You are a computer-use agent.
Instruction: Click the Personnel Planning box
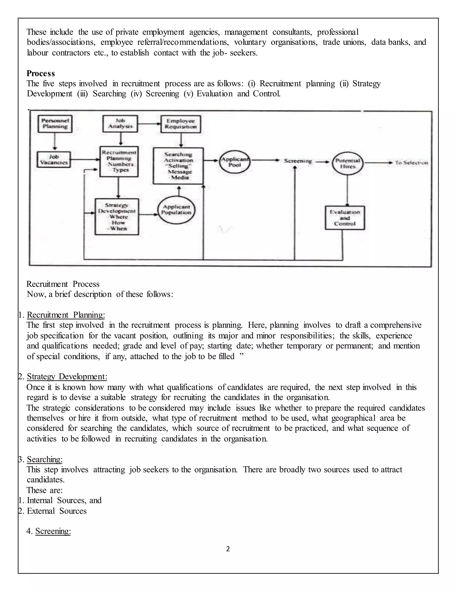click(55, 124)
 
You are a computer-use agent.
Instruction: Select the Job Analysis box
click(120, 124)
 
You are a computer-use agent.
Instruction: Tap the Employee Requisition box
click(181, 124)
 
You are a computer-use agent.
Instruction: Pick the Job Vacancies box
click(54, 160)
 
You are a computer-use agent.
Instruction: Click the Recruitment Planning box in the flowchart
click(119, 161)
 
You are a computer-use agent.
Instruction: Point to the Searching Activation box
click(178, 166)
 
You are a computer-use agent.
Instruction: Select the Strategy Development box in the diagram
click(117, 217)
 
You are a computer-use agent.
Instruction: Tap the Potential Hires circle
click(347, 163)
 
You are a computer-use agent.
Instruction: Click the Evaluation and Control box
click(345, 218)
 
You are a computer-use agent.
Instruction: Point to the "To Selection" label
click(411, 163)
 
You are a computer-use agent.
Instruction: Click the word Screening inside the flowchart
click(298, 161)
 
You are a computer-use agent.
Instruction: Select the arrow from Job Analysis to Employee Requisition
click(149, 124)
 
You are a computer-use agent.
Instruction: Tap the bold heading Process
click(41, 73)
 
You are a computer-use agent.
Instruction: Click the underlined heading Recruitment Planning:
click(66, 315)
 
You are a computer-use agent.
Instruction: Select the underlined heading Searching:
click(45, 459)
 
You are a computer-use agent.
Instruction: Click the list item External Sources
click(57, 511)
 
